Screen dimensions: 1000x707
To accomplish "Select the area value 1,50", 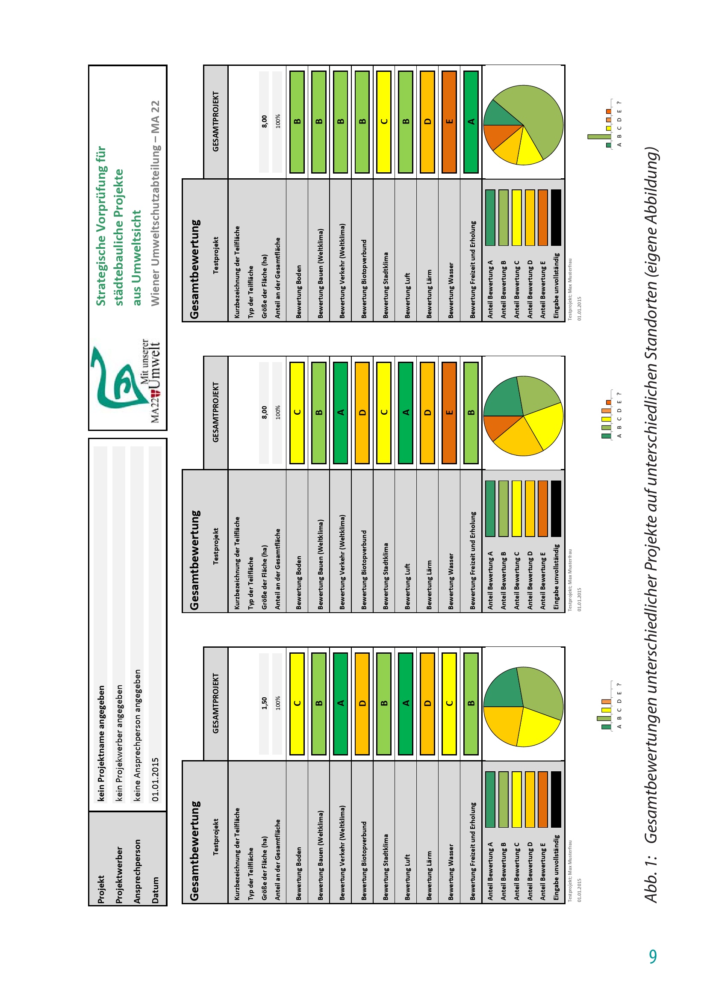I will click(264, 703).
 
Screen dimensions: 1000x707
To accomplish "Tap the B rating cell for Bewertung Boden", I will click(297, 121).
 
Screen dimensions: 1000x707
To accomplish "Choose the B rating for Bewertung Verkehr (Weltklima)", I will click(340, 121).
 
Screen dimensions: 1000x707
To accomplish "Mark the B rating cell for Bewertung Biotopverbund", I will click(362, 121).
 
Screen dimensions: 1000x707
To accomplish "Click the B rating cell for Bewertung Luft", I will click(406, 121).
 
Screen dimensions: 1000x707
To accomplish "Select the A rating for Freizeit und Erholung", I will click(471, 121).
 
